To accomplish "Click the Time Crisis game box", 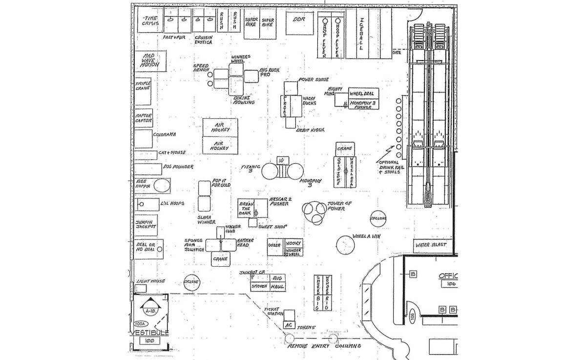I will tap(149, 20).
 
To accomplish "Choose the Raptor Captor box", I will tap(143, 118).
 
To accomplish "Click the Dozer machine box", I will tap(275, 248).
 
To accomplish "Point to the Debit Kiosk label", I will tap(311, 130).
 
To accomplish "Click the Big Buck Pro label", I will tap(269, 73).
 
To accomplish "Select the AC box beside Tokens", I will tap(289, 324).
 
